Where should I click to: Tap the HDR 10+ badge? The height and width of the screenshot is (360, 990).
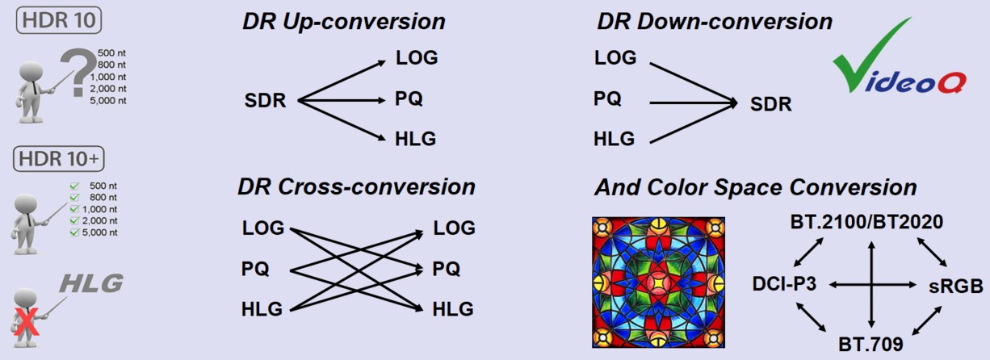click(x=60, y=158)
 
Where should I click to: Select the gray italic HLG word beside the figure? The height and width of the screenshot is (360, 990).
click(x=92, y=283)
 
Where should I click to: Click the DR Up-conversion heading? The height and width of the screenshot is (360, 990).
click(x=343, y=22)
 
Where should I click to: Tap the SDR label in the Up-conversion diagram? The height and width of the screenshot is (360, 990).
click(x=266, y=101)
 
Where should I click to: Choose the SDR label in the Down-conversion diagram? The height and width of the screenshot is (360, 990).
click(x=770, y=104)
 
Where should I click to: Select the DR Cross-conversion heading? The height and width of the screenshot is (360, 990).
click(x=356, y=187)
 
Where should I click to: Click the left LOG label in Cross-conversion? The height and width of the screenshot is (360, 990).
click(x=263, y=228)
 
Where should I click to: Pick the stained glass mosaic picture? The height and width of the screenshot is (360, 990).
click(x=658, y=283)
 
